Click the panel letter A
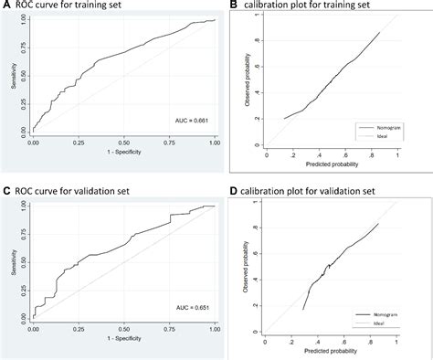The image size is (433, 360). point(5,7)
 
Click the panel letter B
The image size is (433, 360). point(233,7)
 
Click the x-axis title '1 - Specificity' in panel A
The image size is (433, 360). point(123,153)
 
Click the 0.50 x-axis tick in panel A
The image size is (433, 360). point(123,143)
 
